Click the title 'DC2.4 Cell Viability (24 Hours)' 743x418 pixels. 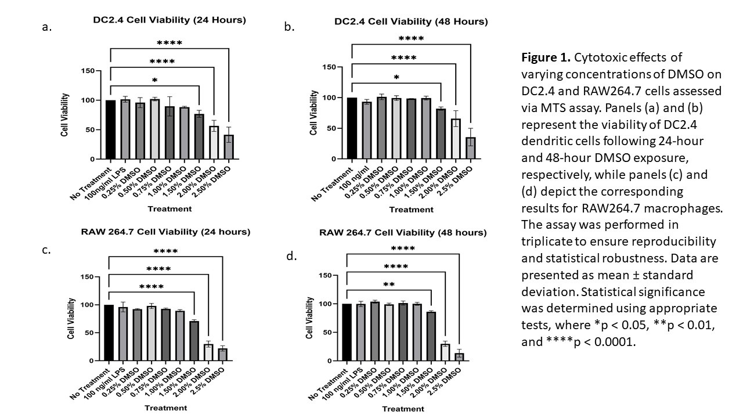[x=169, y=20]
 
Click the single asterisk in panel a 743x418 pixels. [x=154, y=80]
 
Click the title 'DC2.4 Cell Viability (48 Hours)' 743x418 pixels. [x=411, y=21]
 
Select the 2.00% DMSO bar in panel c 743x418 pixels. [x=207, y=352]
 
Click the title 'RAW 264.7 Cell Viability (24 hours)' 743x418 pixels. [x=166, y=232]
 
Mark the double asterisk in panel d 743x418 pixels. [x=389, y=285]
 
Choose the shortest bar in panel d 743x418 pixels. [x=459, y=356]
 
